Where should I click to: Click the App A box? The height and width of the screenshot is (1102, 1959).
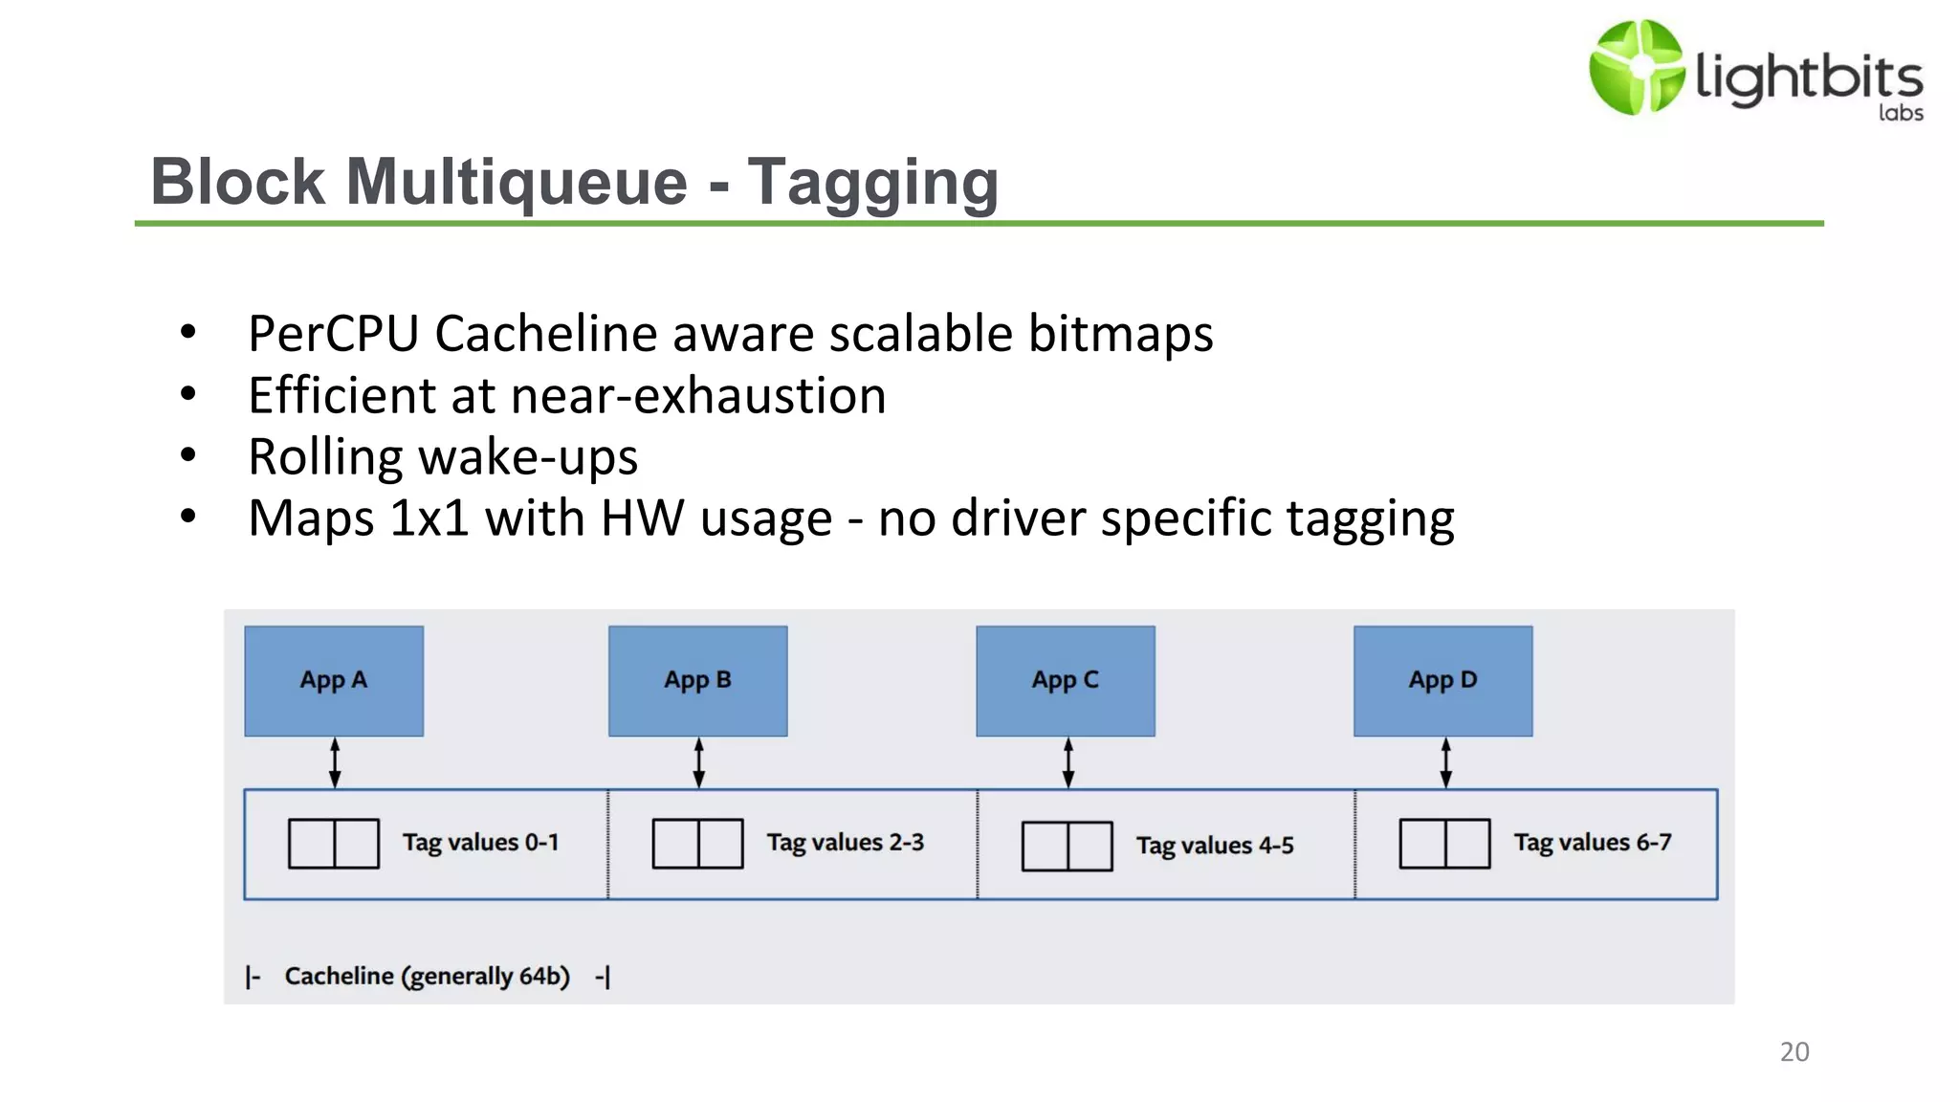tap(334, 680)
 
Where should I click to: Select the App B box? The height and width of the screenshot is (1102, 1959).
tap(697, 680)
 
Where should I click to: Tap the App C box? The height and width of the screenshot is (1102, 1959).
tap(1065, 680)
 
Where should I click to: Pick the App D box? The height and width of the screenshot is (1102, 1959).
tap(1442, 680)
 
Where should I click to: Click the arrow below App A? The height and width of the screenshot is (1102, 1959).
tap(335, 762)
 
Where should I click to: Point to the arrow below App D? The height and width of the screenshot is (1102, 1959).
tap(1445, 762)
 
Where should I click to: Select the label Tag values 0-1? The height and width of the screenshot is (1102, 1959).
tap(480, 843)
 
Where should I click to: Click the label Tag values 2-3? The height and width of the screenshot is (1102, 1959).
tap(845, 843)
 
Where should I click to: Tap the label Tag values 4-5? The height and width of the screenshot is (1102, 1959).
tap(1214, 846)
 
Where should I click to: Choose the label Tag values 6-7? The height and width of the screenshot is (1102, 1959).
tap(1592, 843)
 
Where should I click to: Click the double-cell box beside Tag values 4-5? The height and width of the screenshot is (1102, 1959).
tap(1067, 846)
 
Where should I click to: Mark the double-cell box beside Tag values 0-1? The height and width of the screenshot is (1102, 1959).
tap(334, 843)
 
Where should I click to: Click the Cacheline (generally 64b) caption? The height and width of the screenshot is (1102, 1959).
tap(427, 977)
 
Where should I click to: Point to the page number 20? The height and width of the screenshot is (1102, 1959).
tap(1794, 1052)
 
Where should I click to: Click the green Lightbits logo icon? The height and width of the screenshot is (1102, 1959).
tap(1636, 67)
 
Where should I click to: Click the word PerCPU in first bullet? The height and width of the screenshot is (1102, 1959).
tap(333, 334)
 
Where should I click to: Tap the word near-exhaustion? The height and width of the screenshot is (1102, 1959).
tap(698, 396)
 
